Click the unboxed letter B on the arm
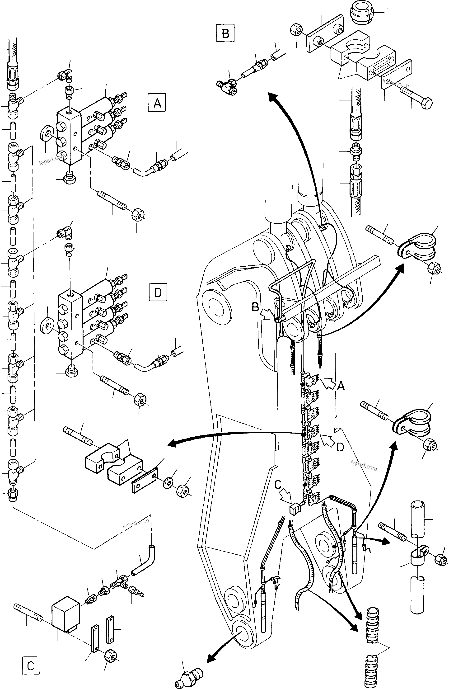(255, 307)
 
